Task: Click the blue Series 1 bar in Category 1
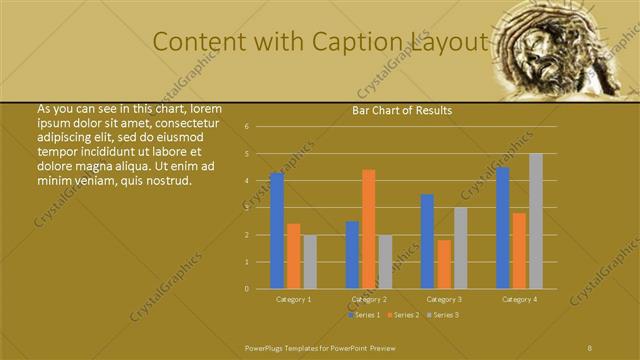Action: [277, 231]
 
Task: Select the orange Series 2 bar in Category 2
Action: [369, 229]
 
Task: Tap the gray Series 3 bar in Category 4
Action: [536, 221]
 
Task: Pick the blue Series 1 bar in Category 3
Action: [428, 241]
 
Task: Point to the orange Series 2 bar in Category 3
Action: [444, 264]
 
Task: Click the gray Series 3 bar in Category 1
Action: [310, 262]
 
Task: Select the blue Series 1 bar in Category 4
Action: [503, 228]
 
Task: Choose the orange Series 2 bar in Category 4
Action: [520, 250]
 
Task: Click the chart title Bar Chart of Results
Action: [402, 110]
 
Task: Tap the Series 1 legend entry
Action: [363, 315]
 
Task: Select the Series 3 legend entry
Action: [444, 315]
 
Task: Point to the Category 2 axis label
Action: [369, 299]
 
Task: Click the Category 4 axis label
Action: [519, 299]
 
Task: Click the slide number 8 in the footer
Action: [590, 346]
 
